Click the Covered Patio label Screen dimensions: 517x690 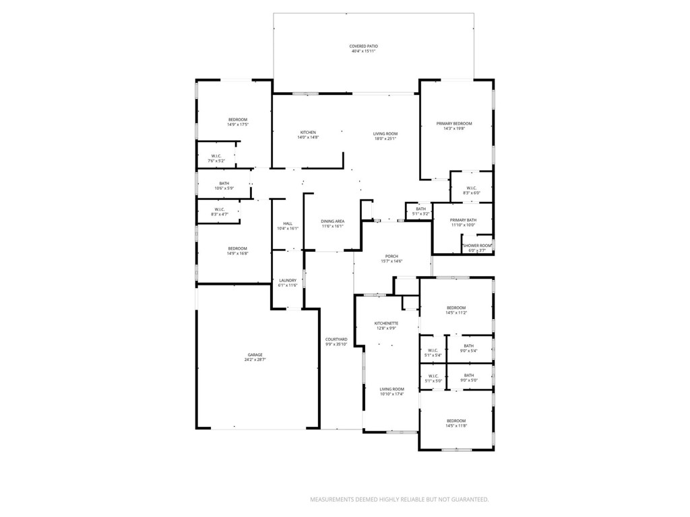point(363,46)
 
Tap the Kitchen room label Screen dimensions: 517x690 point(307,133)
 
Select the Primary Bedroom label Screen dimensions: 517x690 point(454,124)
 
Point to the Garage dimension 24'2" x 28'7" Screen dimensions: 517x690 point(255,359)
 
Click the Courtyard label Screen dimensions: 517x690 point(336,339)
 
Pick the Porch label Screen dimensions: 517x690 point(391,256)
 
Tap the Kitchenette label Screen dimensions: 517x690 point(387,323)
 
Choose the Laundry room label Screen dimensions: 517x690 point(288,281)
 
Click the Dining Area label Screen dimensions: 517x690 point(333,221)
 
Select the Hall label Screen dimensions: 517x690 point(288,223)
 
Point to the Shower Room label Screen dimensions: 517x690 point(477,246)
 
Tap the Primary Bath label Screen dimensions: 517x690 point(464,220)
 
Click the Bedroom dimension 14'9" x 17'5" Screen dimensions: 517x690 point(237,125)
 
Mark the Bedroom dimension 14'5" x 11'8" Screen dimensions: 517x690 point(456,425)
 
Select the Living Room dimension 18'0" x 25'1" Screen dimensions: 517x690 point(385,139)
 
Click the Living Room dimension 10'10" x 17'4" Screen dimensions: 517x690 point(391,394)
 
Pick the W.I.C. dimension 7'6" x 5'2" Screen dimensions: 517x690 point(216,161)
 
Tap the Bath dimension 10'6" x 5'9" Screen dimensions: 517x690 point(224,188)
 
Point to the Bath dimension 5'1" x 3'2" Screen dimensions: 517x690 point(421,213)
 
